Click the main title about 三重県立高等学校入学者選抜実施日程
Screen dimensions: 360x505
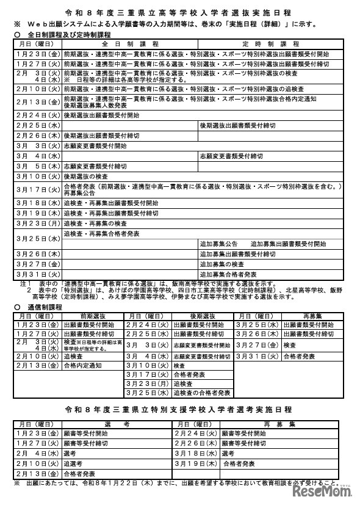point(179,12)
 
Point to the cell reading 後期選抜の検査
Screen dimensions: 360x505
point(85,176)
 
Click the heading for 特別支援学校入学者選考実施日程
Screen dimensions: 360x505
point(180,409)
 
